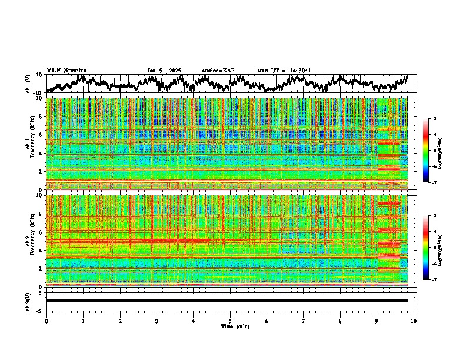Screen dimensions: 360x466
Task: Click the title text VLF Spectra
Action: pyautogui.click(x=66, y=71)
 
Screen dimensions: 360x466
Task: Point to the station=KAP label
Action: pyautogui.click(x=218, y=71)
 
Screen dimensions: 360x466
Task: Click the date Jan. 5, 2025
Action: pyautogui.click(x=164, y=71)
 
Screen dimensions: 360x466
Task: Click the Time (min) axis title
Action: pyautogui.click(x=230, y=326)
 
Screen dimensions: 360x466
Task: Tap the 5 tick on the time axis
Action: pyautogui.click(x=230, y=321)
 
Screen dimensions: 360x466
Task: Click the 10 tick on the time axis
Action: pyautogui.click(x=414, y=321)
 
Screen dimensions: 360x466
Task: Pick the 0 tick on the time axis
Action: pyautogui.click(x=46, y=321)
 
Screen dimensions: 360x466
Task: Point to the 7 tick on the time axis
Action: pyautogui.click(x=304, y=321)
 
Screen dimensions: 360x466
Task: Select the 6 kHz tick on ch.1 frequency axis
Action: pyautogui.click(x=41, y=135)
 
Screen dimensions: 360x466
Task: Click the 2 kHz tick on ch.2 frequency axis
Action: pyautogui.click(x=41, y=269)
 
